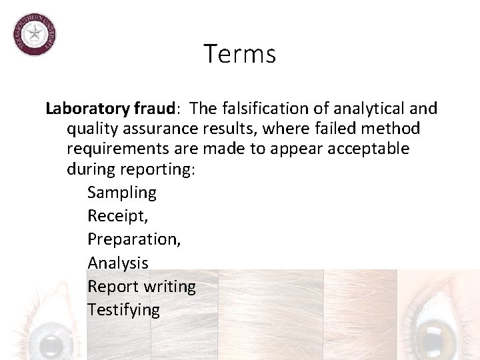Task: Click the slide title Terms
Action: pyautogui.click(x=240, y=53)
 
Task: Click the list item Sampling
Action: pyautogui.click(x=122, y=193)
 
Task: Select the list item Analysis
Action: pyautogui.click(x=118, y=263)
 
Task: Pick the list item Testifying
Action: pyautogui.click(x=123, y=310)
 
